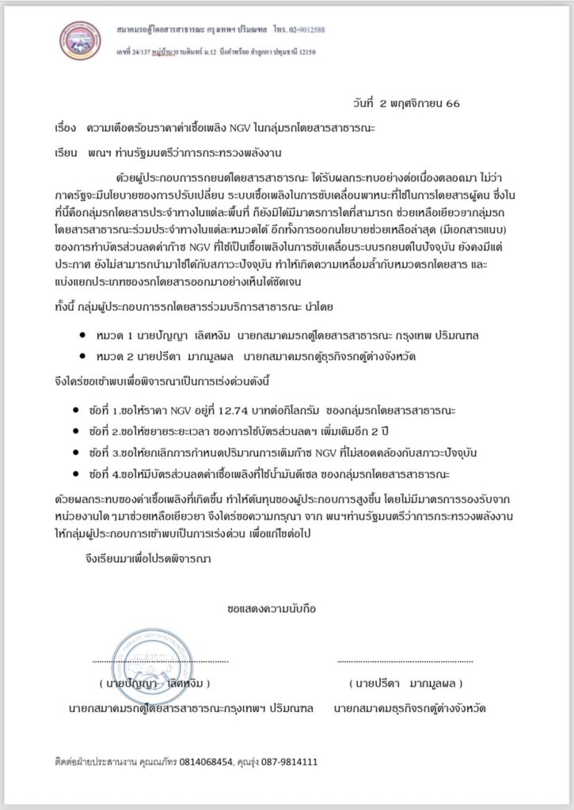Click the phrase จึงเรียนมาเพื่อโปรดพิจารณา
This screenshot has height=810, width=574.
147,558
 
